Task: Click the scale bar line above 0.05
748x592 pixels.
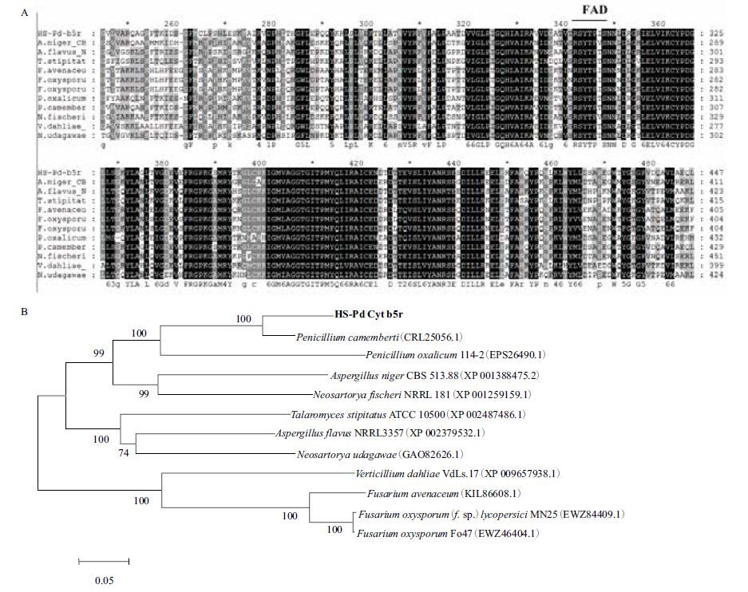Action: pyautogui.click(x=103, y=562)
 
